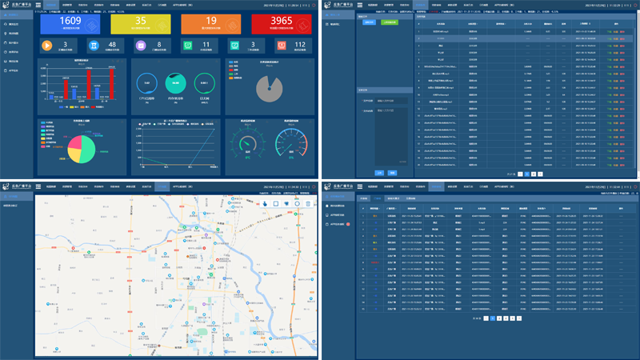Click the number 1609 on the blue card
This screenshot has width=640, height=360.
[70, 20]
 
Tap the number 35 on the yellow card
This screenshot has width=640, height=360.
[139, 20]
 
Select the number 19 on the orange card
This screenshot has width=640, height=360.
[212, 20]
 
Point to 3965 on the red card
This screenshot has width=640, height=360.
[282, 20]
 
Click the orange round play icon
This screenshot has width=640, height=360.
[46, 47]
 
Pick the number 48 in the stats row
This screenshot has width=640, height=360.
[111, 46]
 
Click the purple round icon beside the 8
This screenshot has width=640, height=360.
[142, 47]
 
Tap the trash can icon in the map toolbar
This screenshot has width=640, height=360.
[307, 204]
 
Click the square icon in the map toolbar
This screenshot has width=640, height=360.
[275, 204]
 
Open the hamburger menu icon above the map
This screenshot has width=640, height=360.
[38, 187]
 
